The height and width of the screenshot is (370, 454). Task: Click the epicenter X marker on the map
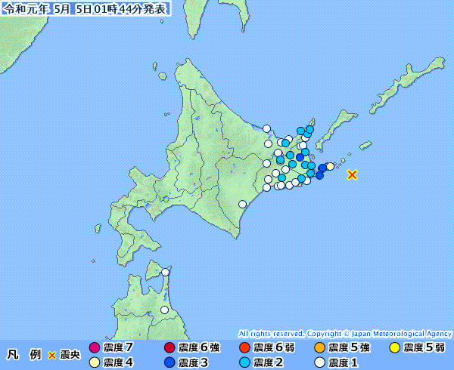coord(352,174)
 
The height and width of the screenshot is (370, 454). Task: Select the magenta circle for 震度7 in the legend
coord(95,348)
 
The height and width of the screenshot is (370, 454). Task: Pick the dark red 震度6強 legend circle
coord(169,348)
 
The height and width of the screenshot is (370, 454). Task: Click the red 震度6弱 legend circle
coord(244,348)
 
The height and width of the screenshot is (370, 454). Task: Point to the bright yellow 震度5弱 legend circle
coord(394,348)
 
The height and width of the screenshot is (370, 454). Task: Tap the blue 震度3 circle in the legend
coord(169,362)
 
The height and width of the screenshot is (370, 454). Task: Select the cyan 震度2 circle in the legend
coord(244,362)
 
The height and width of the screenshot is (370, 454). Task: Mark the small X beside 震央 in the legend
coord(52,355)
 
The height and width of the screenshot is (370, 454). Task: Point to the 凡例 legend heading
coord(23,354)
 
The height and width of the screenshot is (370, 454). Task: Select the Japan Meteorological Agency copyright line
coord(345,333)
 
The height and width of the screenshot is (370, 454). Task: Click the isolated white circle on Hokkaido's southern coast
coord(242,204)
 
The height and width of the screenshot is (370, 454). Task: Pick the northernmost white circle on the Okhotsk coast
coord(266,128)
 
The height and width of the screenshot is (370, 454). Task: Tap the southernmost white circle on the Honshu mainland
coord(165,310)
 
